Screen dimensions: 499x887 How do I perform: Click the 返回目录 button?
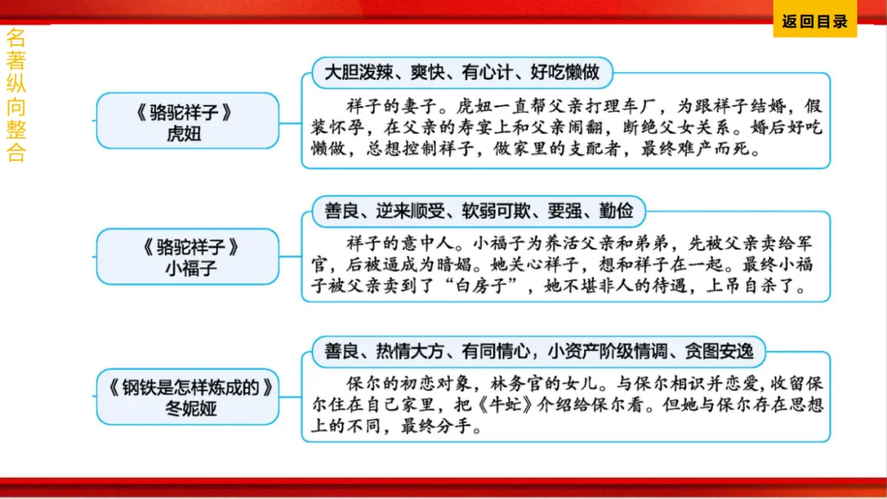point(815,22)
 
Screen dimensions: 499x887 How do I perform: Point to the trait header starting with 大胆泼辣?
point(462,73)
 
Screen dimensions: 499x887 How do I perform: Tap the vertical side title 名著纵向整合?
point(16,95)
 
